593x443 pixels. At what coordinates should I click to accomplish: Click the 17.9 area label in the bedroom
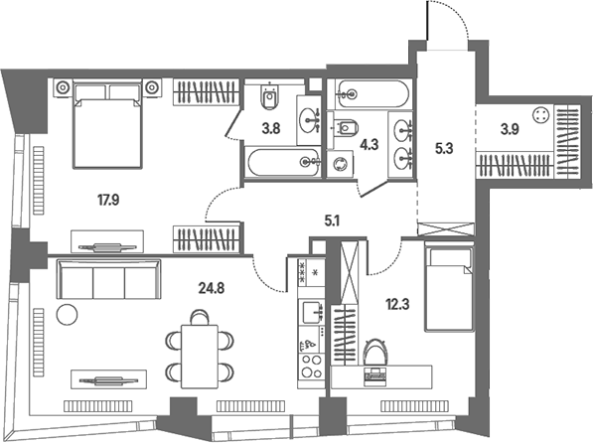pyautogui.click(x=108, y=200)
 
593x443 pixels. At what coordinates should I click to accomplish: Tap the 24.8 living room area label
pyautogui.click(x=212, y=288)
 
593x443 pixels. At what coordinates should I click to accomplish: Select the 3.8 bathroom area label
pyautogui.click(x=271, y=129)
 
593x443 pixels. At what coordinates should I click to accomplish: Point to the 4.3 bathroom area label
pyautogui.click(x=370, y=144)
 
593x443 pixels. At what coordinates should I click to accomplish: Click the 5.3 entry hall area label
pyautogui.click(x=444, y=149)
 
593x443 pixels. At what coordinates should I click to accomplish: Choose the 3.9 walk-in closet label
pyautogui.click(x=510, y=129)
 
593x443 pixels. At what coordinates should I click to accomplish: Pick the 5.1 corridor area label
pyautogui.click(x=332, y=221)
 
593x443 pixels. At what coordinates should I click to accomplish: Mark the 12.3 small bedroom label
pyautogui.click(x=397, y=304)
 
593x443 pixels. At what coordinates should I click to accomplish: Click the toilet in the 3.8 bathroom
pyautogui.click(x=269, y=97)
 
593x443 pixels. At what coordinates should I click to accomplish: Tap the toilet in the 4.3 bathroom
pyautogui.click(x=346, y=128)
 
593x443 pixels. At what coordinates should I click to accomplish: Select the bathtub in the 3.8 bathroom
pyautogui.click(x=284, y=162)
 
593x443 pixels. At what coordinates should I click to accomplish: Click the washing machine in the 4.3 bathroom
pyautogui.click(x=340, y=164)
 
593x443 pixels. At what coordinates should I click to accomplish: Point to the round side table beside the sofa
pyautogui.click(x=67, y=314)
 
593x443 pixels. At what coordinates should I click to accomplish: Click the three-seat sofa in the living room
pyautogui.click(x=109, y=279)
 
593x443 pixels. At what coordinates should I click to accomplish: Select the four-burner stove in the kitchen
pyautogui.click(x=311, y=367)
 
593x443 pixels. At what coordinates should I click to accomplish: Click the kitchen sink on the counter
pyautogui.click(x=312, y=312)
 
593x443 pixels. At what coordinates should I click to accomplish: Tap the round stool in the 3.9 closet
pyautogui.click(x=540, y=115)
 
